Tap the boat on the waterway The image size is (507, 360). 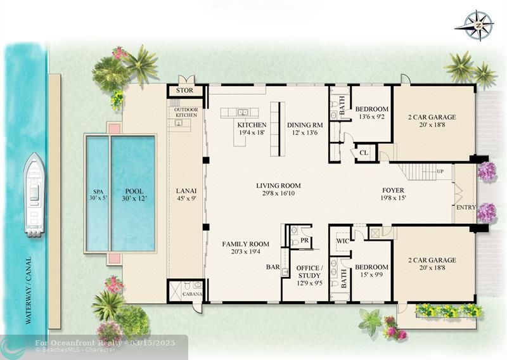(34, 195)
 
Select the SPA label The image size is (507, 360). (98, 195)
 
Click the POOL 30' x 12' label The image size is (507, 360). (134, 195)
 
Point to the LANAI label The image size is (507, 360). (186, 195)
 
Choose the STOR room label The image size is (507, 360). (184, 91)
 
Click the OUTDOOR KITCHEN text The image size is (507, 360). (186, 112)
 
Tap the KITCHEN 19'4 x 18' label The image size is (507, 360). (252, 129)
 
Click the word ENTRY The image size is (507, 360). (466, 207)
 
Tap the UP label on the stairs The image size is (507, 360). (440, 171)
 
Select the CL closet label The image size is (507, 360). (364, 152)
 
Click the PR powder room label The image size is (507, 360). (305, 240)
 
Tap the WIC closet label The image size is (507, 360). (342, 241)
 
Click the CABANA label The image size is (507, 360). (193, 294)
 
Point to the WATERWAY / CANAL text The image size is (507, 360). (29, 290)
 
